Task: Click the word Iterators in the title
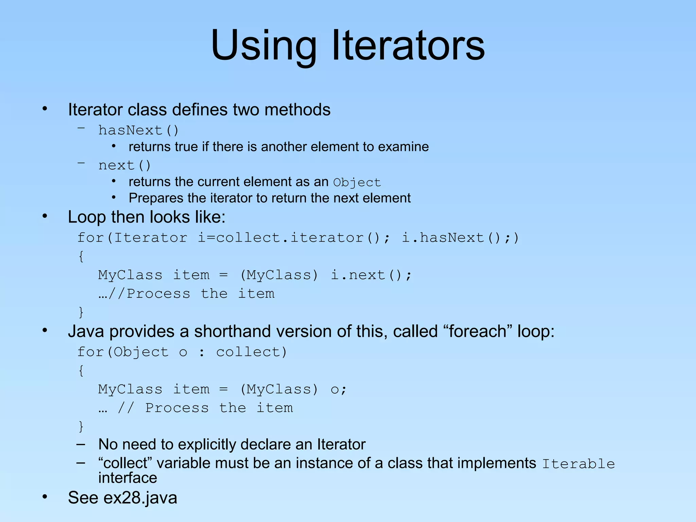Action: click(408, 46)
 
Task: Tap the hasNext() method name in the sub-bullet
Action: click(138, 130)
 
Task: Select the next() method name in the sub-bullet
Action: click(124, 166)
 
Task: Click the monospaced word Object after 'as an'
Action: click(357, 182)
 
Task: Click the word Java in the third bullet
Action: click(86, 331)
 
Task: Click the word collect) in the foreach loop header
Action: click(251, 352)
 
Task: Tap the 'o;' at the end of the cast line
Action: click(338, 389)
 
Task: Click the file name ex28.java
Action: click(140, 498)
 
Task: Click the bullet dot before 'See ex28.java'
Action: click(45, 497)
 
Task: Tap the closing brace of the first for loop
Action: click(81, 312)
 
